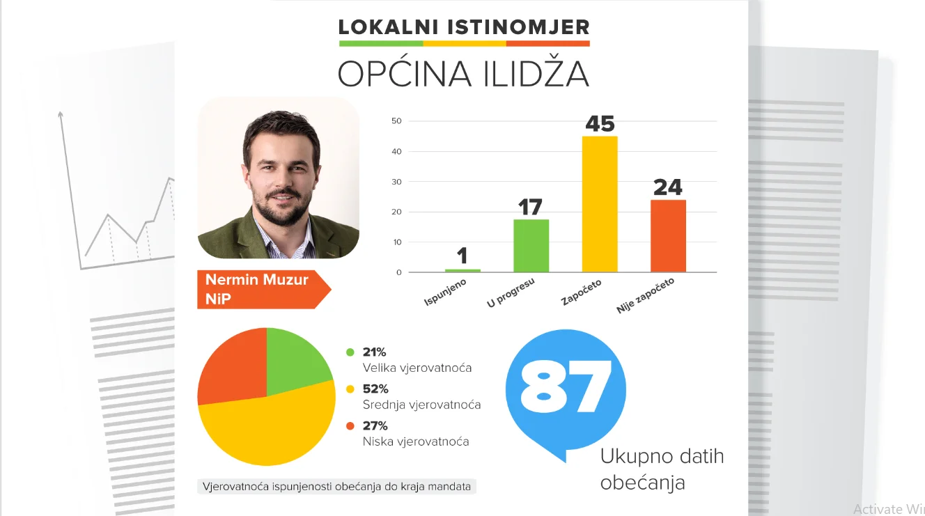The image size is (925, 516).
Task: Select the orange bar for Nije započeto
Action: (x=668, y=236)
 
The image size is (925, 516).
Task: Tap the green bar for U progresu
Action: (x=531, y=246)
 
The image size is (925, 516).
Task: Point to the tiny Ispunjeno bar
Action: (x=462, y=270)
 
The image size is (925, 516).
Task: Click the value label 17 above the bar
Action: (x=530, y=208)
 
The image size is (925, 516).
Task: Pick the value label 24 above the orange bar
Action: (x=667, y=187)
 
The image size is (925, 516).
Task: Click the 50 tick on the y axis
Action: (x=396, y=121)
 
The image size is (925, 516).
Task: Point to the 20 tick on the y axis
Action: (x=396, y=212)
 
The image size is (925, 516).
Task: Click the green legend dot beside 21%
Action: (x=350, y=352)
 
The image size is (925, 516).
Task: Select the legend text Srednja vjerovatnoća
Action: (x=421, y=405)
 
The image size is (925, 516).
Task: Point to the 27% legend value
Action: (x=375, y=425)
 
